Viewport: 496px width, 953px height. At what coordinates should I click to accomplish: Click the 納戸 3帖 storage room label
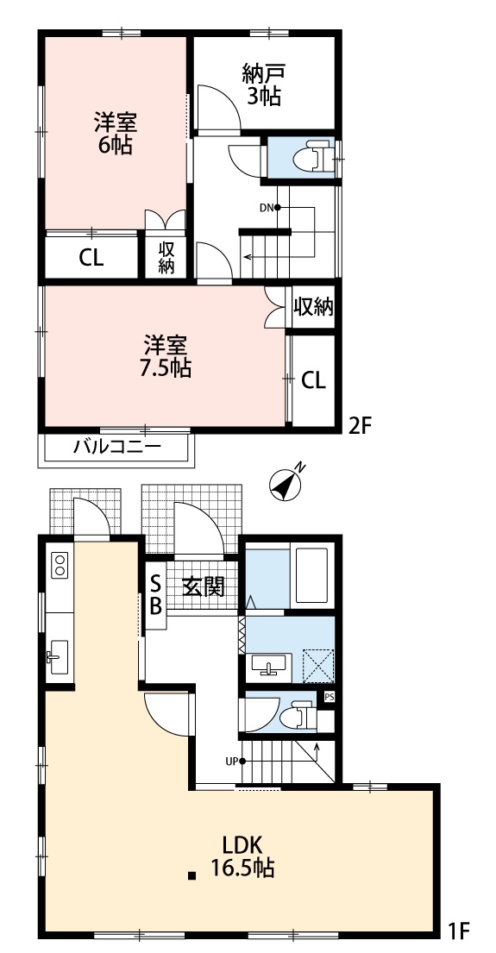263,85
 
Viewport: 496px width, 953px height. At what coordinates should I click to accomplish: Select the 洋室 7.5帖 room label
166,356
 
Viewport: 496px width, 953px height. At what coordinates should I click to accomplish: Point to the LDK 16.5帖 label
242,856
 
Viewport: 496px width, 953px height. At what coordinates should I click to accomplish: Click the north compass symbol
285,483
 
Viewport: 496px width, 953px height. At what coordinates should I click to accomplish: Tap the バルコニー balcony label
117,448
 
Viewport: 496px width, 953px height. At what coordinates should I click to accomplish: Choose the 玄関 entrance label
204,587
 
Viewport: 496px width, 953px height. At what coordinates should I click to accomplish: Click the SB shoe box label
155,594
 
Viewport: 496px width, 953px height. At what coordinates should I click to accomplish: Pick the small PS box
329,697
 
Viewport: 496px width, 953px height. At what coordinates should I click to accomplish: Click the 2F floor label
359,426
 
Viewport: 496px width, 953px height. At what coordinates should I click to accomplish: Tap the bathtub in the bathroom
310,574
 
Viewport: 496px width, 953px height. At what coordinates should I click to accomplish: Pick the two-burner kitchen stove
60,564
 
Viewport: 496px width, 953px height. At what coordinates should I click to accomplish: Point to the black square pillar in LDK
192,876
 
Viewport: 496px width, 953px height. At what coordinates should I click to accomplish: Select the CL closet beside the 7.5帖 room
314,380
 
